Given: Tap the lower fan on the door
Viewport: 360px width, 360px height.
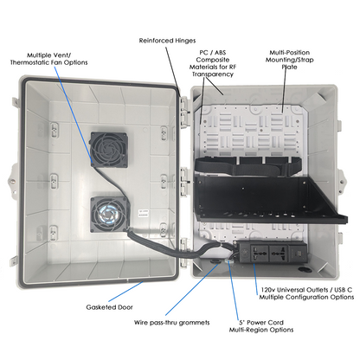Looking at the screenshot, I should click(109, 213).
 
